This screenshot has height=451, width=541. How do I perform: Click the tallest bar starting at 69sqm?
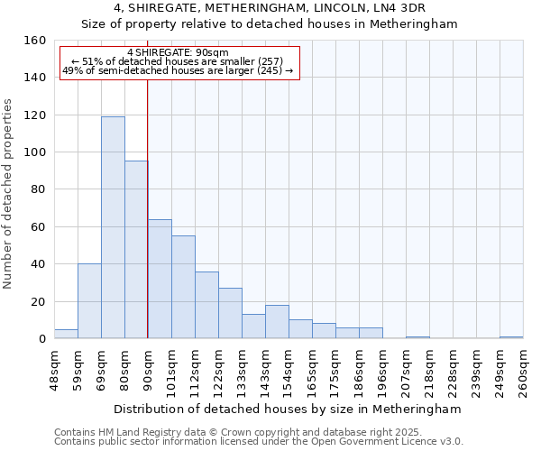(113, 227)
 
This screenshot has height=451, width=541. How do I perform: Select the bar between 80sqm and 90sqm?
(136, 250)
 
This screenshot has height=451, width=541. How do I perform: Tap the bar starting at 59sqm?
(89, 301)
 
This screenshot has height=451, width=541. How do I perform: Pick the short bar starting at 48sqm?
(66, 334)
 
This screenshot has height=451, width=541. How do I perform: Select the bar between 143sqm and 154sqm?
(277, 322)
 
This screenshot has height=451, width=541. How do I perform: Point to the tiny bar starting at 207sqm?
(417, 337)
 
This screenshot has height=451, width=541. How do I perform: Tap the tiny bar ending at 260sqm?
(511, 337)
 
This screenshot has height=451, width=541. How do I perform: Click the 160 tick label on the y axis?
(35, 41)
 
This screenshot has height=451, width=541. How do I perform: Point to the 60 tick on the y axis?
(39, 227)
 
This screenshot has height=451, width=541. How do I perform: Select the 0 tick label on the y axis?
(42, 339)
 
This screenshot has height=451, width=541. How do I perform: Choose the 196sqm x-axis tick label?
(371, 370)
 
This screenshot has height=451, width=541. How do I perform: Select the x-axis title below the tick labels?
(289, 409)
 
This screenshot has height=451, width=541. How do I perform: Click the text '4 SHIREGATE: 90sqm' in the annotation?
(178, 52)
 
